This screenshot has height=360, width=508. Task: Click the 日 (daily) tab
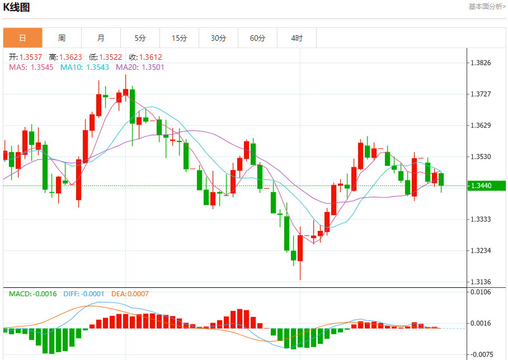pyautogui.click(x=22, y=38)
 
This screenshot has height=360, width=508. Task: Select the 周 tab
pyautogui.click(x=62, y=38)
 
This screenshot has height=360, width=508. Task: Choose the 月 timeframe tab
pyautogui.click(x=101, y=38)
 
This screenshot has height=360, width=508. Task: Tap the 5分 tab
pyautogui.click(x=140, y=38)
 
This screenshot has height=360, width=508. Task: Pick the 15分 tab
pyautogui.click(x=179, y=38)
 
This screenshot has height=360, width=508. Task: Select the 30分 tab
pyautogui.click(x=218, y=38)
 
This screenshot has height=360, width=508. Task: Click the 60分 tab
pyautogui.click(x=257, y=38)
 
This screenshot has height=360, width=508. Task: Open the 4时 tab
pyautogui.click(x=297, y=38)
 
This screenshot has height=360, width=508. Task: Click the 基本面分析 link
pyautogui.click(x=487, y=6)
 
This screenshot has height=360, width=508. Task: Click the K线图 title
pyautogui.click(x=17, y=7)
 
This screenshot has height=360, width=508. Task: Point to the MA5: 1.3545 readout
pyautogui.click(x=31, y=67)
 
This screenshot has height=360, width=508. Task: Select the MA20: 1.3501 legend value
pyautogui.click(x=140, y=67)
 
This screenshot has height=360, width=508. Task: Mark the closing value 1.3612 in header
pyautogui.click(x=145, y=57)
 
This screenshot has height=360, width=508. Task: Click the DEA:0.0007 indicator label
pyautogui.click(x=130, y=293)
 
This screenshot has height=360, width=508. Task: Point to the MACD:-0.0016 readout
pyautogui.click(x=32, y=293)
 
